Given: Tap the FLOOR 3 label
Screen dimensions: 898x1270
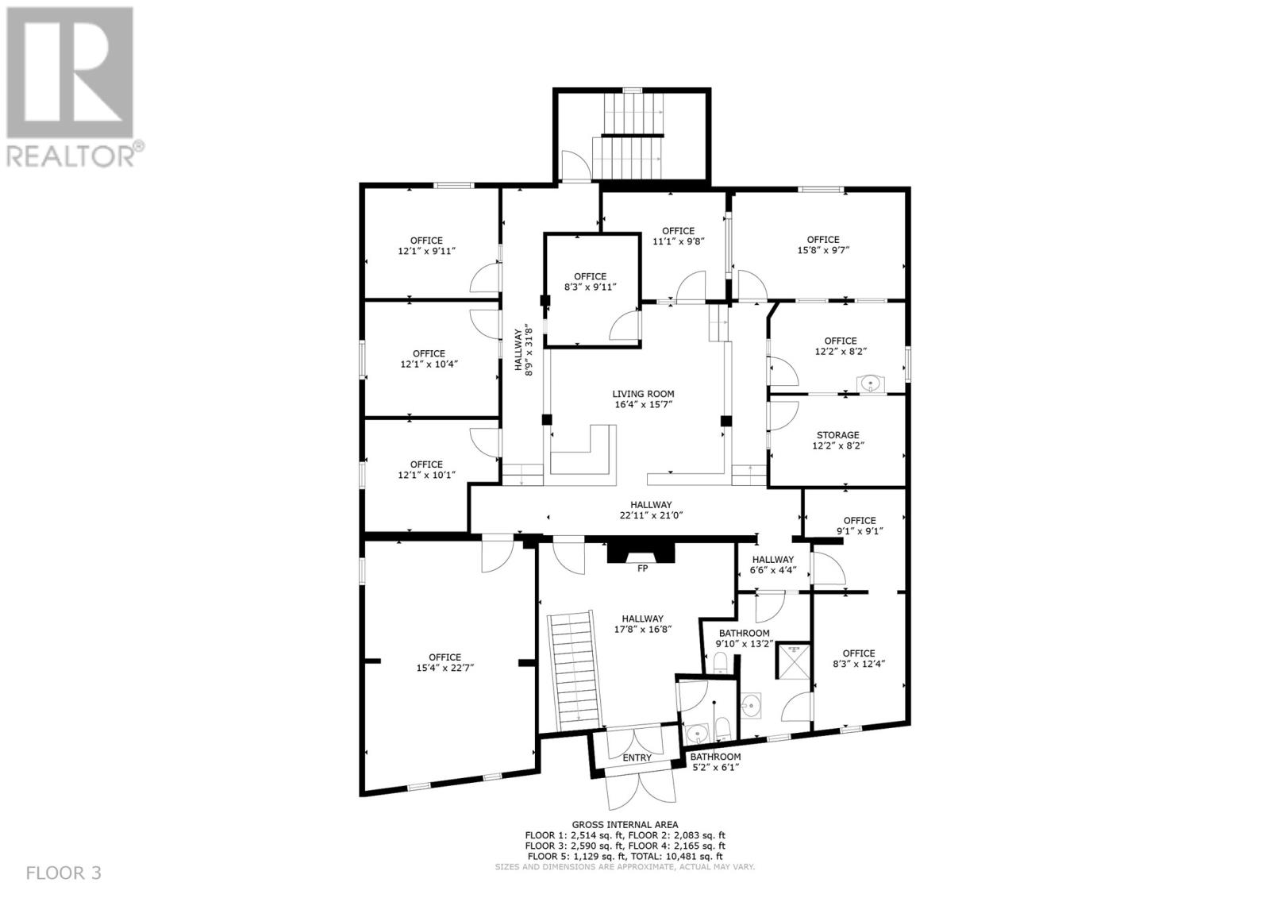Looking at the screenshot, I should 63,873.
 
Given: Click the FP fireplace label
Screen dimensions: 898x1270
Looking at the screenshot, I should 642,568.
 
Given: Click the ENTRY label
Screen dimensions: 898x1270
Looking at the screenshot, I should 637,757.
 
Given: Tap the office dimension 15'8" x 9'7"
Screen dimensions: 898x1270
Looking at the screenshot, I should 823,250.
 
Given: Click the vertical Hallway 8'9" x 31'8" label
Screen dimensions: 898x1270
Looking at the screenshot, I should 524,351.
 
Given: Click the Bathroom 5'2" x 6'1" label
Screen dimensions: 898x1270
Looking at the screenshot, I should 715,762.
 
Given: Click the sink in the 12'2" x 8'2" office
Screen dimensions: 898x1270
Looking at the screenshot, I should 871,384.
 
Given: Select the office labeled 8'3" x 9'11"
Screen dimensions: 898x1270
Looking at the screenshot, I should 590,282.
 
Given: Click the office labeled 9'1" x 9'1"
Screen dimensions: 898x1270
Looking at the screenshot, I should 859,526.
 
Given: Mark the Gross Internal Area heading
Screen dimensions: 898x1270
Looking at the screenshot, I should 625,825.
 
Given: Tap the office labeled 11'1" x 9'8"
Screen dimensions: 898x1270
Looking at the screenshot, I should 678,236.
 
